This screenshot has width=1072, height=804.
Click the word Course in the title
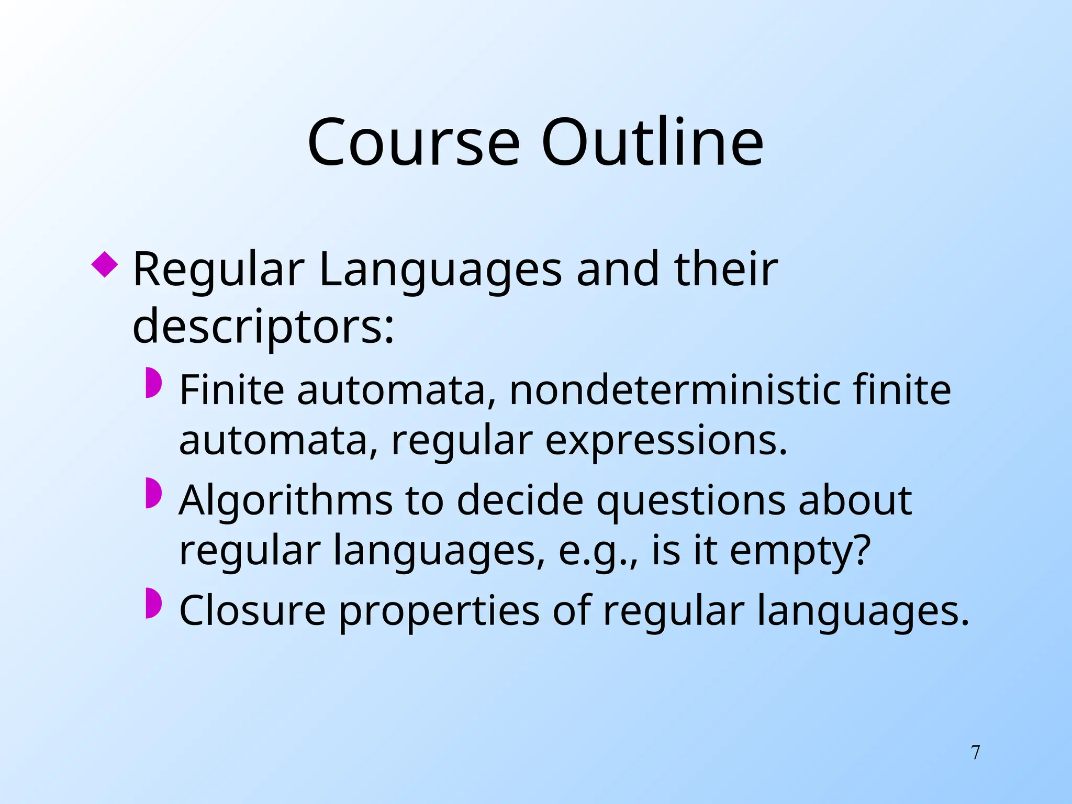[x=414, y=142]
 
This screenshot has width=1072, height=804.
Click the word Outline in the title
[x=652, y=142]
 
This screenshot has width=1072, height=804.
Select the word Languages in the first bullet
[x=440, y=271]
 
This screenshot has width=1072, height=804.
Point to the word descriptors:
[x=263, y=327]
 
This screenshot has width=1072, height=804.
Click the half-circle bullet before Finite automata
[x=154, y=383]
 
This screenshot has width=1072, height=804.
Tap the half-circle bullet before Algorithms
[x=154, y=493]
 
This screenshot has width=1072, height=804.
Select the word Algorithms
[x=286, y=501]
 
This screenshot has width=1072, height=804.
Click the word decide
[x=520, y=501]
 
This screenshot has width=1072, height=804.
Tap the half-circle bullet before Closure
[x=154, y=603]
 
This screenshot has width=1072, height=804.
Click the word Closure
[x=252, y=611]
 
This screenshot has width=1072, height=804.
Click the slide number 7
[x=976, y=753]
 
